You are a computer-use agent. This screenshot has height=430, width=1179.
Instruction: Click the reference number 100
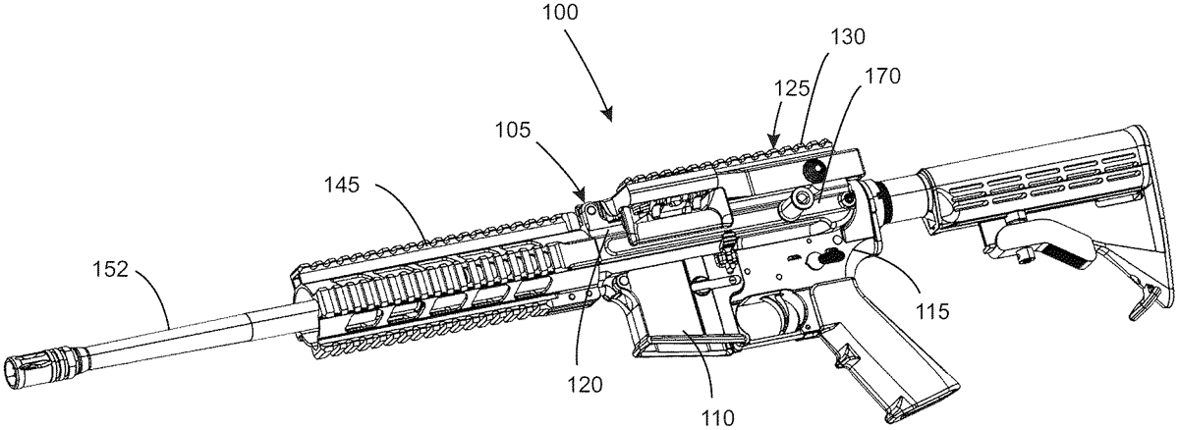click(x=561, y=12)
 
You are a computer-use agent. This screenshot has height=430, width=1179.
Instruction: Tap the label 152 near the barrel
click(x=110, y=270)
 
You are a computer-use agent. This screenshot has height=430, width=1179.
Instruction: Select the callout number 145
click(x=342, y=185)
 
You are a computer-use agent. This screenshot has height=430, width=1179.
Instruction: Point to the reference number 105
click(x=513, y=130)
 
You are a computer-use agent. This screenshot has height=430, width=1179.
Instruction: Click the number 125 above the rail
click(x=791, y=88)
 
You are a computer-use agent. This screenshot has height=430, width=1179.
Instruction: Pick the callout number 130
click(x=848, y=36)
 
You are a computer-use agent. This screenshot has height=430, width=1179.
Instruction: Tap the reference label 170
click(x=882, y=77)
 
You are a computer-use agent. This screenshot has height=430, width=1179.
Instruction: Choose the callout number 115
click(x=932, y=311)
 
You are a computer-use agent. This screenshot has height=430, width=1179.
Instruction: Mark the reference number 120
click(x=585, y=385)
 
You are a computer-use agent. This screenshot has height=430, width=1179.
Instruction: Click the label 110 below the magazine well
click(x=717, y=418)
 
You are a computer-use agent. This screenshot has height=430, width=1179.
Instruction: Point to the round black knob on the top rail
click(x=813, y=170)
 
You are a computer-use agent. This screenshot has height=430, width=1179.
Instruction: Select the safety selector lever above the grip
click(x=824, y=257)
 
